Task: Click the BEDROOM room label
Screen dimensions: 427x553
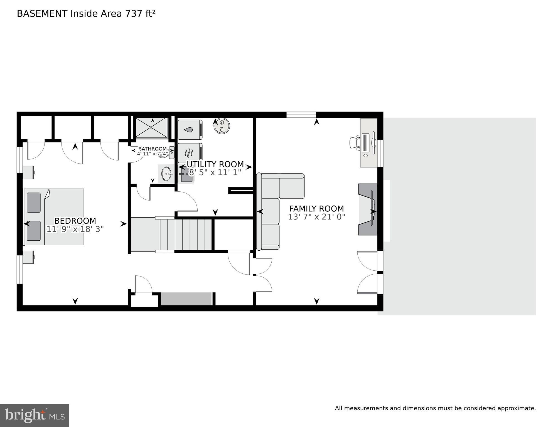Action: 75,221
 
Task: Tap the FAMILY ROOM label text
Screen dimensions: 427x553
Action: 316,209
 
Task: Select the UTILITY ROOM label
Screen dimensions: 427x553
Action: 215,164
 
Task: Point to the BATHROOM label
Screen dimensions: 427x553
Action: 153,149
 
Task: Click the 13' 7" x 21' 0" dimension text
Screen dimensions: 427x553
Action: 316,217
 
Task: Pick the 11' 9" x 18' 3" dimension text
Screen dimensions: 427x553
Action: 75,229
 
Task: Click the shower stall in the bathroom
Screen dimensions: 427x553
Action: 152,128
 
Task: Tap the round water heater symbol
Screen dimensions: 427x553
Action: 222,126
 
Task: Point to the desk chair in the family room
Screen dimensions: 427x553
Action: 354,142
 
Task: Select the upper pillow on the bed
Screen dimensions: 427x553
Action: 34,202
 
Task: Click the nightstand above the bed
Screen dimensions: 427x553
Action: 28,172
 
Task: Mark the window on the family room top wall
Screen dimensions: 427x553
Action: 301,114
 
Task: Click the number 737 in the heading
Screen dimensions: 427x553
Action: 134,13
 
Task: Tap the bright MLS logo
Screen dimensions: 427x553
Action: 35,416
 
